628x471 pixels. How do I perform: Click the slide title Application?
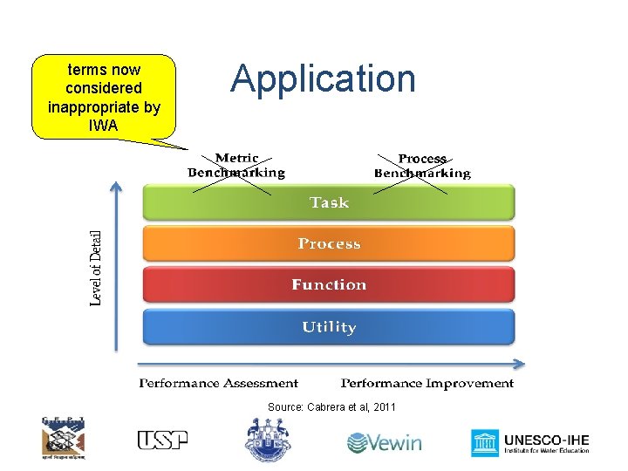[x=324, y=78]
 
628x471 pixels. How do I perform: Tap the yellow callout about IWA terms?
[x=103, y=97]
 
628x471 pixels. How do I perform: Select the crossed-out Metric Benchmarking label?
[x=236, y=165]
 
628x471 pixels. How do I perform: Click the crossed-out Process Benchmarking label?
[x=422, y=166]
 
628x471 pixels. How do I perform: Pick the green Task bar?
[x=329, y=202]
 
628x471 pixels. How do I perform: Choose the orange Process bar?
[x=329, y=243]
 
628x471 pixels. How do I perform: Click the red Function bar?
[x=329, y=284]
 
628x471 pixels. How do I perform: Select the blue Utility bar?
[x=329, y=327]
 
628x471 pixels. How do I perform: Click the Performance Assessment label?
[x=219, y=383]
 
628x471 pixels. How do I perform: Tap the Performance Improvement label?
[x=427, y=383]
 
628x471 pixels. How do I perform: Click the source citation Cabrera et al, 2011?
[x=331, y=407]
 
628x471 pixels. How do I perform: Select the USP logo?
[x=162, y=440]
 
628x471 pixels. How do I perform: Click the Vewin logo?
[x=384, y=442]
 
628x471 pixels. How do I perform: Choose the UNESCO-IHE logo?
[x=530, y=442]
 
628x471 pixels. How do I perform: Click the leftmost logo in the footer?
[x=64, y=437]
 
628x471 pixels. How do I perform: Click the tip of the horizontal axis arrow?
[x=523, y=365]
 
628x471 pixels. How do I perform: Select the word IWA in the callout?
[x=103, y=126]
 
